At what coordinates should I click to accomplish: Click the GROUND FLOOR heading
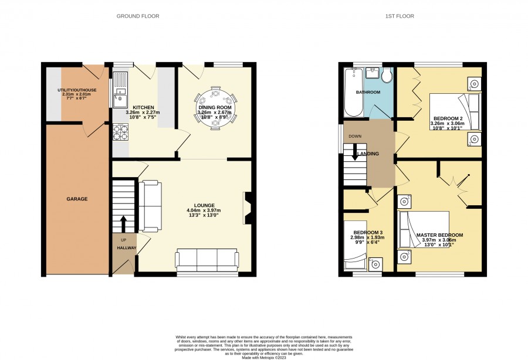coord(138,16)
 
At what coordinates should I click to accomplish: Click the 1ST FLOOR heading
coord(400,16)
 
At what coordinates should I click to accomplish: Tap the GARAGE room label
coord(77,199)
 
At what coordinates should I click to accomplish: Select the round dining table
coord(215,108)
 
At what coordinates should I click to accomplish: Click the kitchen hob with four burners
coord(120,133)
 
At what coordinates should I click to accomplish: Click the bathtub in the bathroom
coord(353,92)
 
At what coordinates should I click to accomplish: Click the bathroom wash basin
coord(373,73)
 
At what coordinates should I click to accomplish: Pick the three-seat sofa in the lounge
coord(207,260)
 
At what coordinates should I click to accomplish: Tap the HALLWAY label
coord(127,248)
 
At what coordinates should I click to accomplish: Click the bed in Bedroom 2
coord(455,111)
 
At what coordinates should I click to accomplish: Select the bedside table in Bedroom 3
coord(375,264)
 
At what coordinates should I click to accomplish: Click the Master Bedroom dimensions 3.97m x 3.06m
coord(439,240)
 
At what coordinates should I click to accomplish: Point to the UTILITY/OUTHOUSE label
coord(77,90)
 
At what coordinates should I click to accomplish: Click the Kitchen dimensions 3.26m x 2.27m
coord(143,113)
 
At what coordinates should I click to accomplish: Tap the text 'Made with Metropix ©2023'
coord(264,357)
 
